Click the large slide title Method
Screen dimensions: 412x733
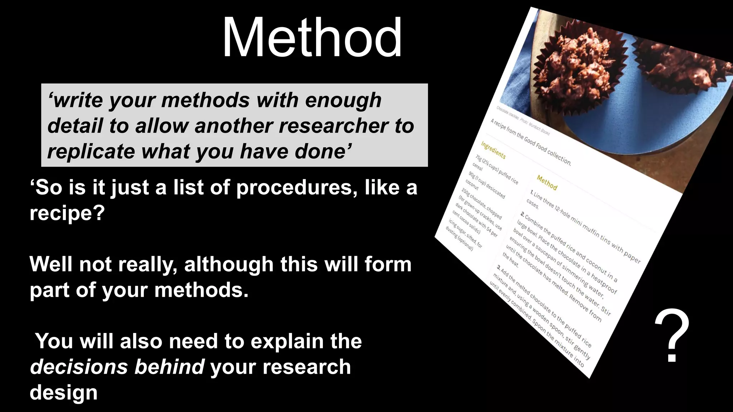coord(312,38)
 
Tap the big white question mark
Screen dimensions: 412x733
coord(672,336)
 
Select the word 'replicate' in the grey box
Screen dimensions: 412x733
coord(91,152)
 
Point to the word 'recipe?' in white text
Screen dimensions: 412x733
coord(67,213)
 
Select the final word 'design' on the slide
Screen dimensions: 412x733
coord(63,393)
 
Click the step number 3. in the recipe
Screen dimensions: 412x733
coord(498,267)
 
